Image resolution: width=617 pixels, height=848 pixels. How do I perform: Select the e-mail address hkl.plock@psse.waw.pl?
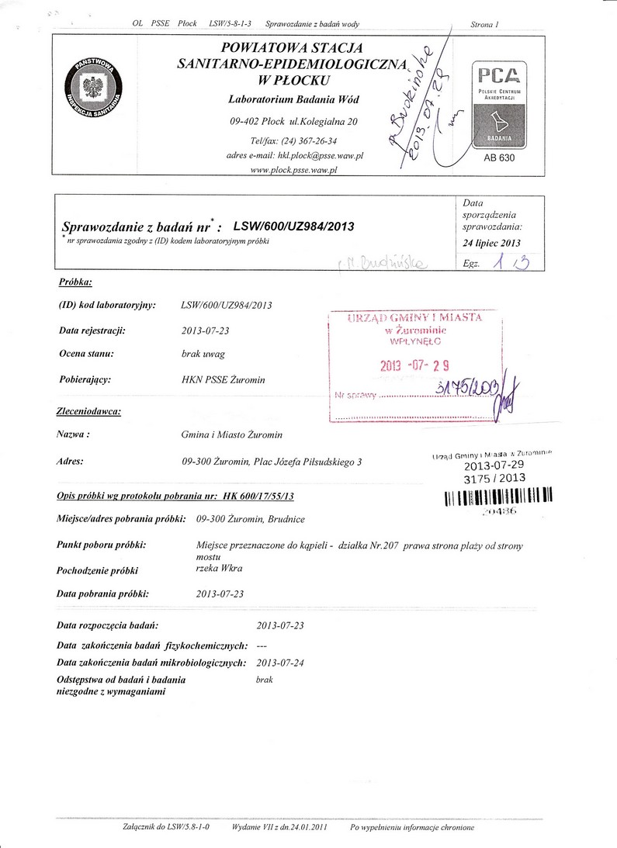click(321, 155)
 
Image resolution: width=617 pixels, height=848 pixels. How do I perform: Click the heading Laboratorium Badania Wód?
click(293, 101)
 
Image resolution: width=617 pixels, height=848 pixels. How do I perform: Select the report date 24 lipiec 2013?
click(491, 243)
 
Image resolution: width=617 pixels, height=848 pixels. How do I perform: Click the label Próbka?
click(76, 282)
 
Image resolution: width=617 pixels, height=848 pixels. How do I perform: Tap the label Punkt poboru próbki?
click(102, 545)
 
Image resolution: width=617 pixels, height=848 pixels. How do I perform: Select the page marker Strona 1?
click(484, 26)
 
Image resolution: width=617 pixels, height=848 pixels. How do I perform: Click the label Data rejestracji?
click(92, 331)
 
